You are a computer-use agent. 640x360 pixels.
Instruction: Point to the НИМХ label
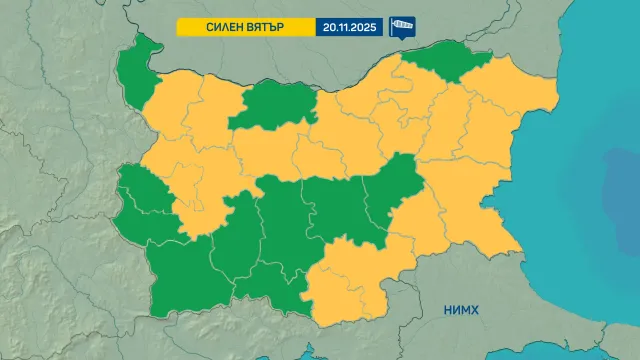[x=461, y=311]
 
